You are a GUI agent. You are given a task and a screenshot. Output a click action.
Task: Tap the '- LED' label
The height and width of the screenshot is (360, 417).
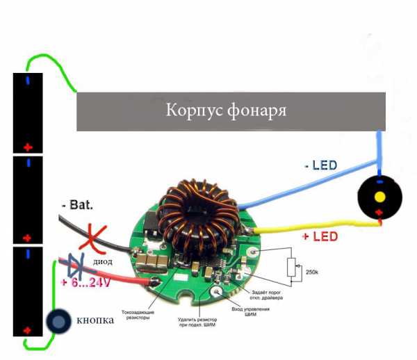[320, 165]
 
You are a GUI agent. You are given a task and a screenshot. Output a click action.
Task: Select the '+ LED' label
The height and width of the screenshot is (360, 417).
[320, 237]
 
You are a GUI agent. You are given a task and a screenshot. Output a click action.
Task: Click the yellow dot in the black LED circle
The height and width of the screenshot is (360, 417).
[380, 197]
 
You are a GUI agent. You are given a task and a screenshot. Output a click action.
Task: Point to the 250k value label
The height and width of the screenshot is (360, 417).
[312, 272]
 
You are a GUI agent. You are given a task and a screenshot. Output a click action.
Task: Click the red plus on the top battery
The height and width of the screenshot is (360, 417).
[28, 147]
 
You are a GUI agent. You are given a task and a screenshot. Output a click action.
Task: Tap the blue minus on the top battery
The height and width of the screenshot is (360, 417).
[28, 81]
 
